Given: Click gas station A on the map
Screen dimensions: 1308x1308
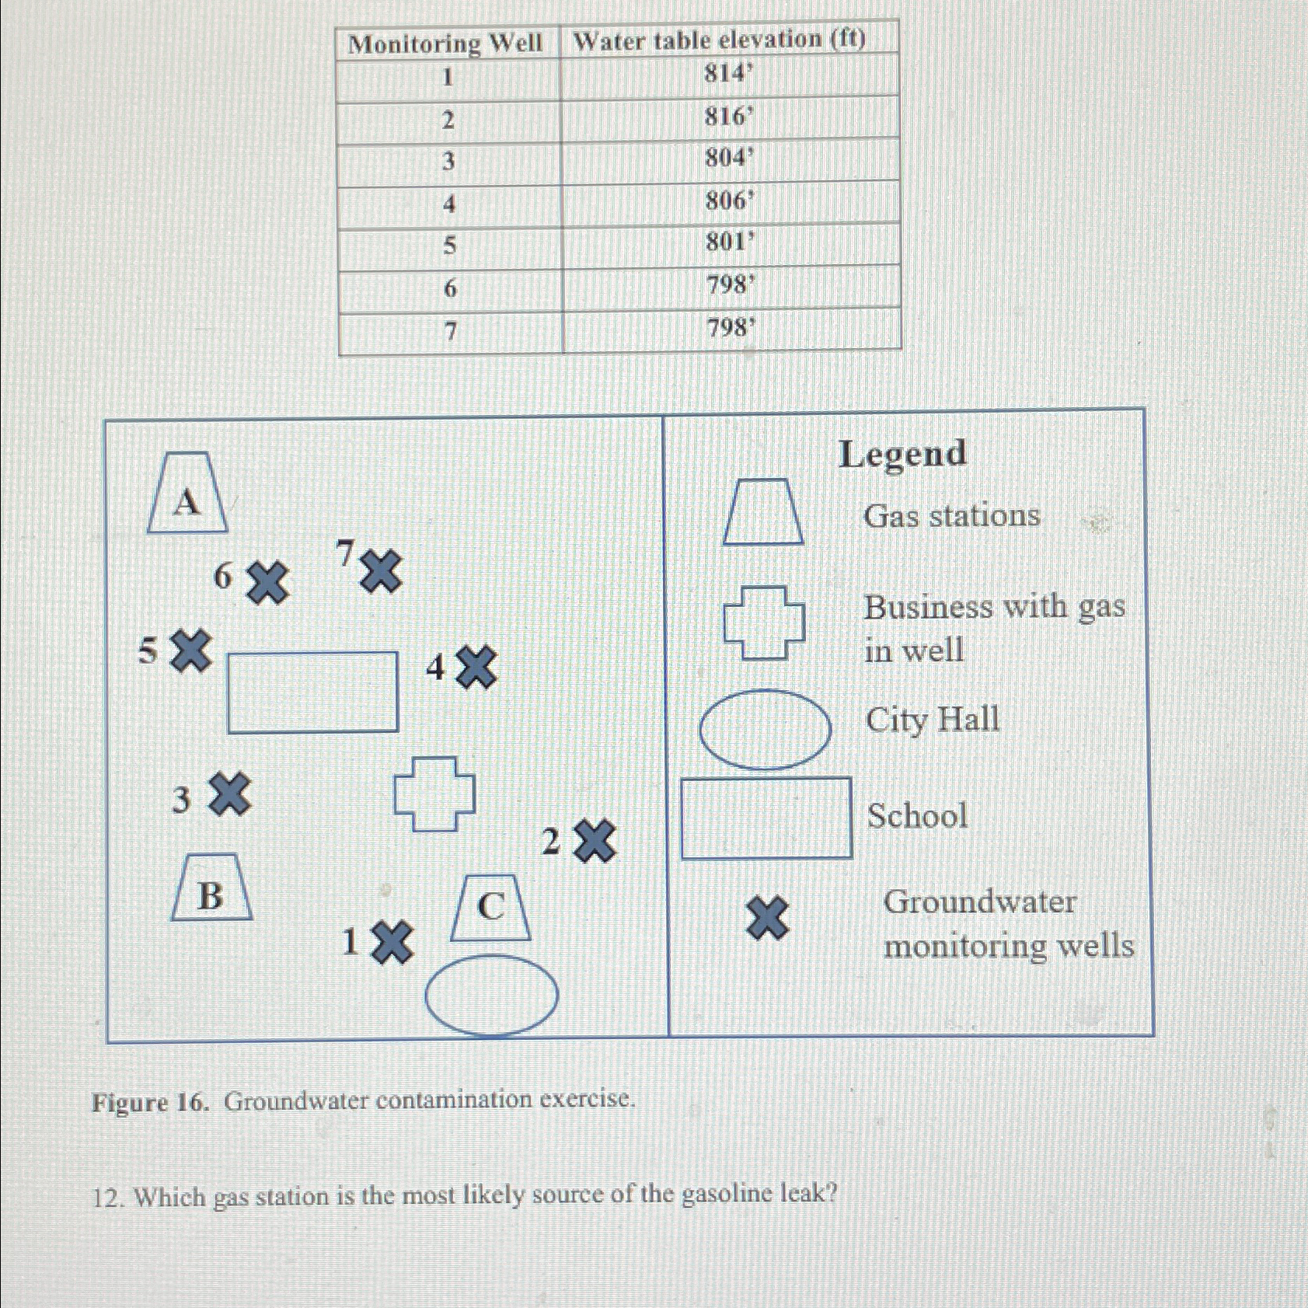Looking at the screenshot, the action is click(x=187, y=494).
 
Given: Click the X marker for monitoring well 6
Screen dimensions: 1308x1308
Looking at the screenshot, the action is click(x=267, y=583).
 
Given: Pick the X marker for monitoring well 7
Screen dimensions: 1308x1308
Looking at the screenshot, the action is click(x=381, y=571).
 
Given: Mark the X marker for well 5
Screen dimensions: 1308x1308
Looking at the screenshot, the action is click(x=191, y=651).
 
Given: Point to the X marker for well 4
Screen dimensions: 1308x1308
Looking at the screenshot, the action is click(x=476, y=667).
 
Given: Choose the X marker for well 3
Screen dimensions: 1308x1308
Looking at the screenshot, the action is click(x=230, y=794).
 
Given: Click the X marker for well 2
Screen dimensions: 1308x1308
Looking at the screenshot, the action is click(x=595, y=840).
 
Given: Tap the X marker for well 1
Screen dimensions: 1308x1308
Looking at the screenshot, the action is click(x=392, y=943).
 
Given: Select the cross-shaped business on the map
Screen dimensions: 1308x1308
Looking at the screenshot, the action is click(x=434, y=794).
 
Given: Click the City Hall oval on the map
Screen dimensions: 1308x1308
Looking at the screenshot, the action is click(x=491, y=996).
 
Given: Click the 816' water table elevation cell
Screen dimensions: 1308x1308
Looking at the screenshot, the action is click(x=729, y=117).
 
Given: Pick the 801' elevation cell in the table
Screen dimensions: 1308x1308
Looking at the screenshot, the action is click(x=730, y=243).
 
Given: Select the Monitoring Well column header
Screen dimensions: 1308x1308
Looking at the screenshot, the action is click(x=445, y=44).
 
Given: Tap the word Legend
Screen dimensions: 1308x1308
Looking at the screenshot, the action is click(x=902, y=454).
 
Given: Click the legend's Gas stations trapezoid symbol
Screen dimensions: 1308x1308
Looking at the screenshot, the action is click(x=763, y=511).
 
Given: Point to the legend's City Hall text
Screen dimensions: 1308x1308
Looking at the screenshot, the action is click(x=933, y=720).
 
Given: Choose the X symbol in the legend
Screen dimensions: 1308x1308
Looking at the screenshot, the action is click(x=767, y=918).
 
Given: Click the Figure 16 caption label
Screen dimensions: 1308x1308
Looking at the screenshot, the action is click(x=150, y=1102).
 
